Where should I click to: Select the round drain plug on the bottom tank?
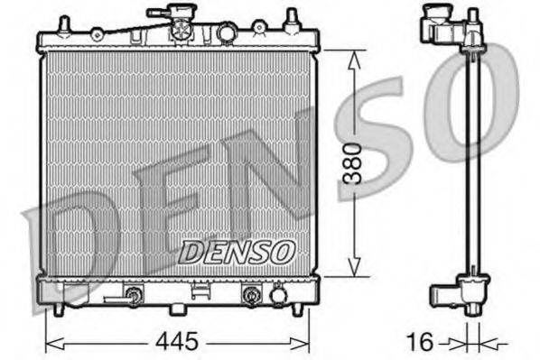(278, 295)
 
